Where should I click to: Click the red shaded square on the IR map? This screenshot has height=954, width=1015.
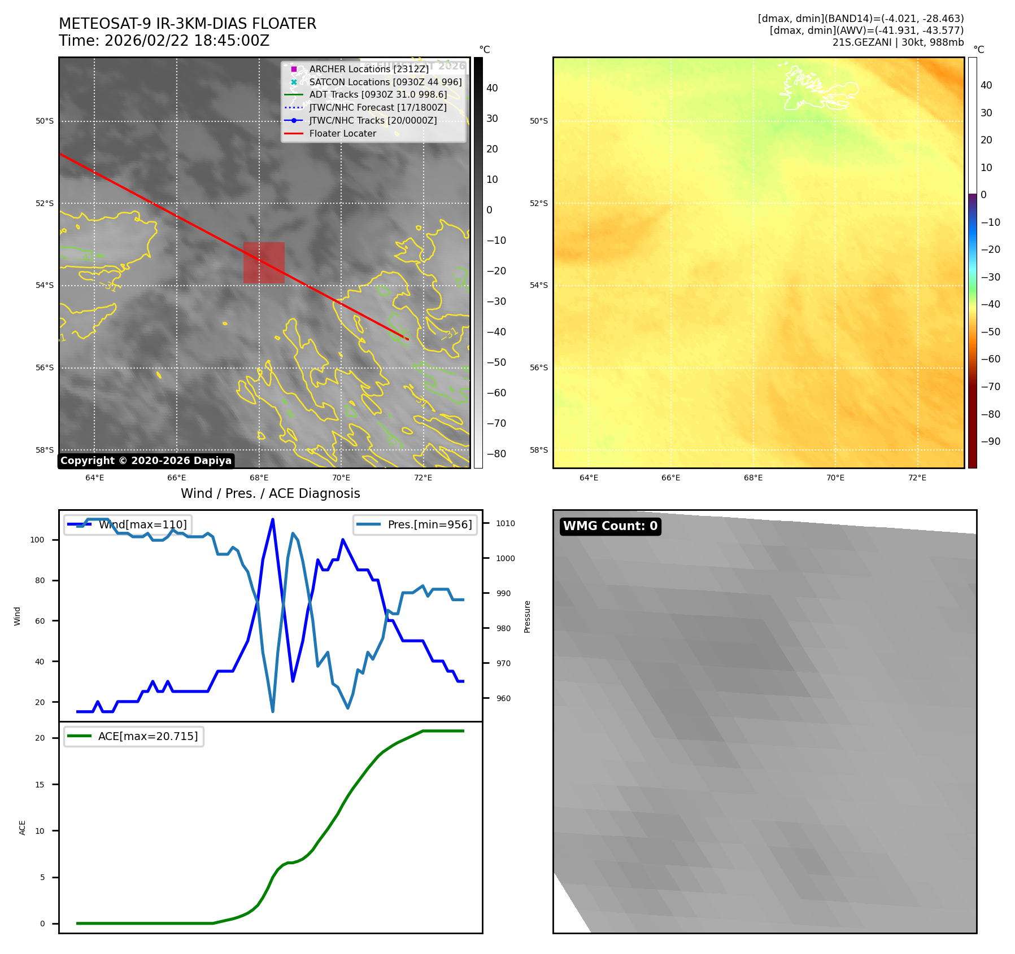pos(264,262)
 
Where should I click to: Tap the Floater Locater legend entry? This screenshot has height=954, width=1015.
pos(342,134)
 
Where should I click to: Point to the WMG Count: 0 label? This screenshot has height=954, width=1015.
pos(610,526)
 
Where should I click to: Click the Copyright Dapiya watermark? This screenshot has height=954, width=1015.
pos(146,461)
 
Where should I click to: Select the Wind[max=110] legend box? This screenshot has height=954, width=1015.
pos(128,524)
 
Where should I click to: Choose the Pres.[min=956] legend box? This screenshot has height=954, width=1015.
pos(415,524)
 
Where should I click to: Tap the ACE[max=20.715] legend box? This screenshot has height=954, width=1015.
pos(134,736)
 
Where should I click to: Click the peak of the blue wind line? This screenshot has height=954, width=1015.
pos(273,519)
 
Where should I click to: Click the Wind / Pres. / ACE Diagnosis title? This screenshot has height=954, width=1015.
pos(270,493)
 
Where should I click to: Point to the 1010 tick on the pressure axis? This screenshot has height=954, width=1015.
pos(505,523)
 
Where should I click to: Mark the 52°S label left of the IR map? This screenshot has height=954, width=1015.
pos(45,203)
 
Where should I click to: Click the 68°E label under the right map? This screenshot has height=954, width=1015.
pos(753,478)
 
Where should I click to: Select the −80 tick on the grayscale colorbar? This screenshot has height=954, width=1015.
pos(496,454)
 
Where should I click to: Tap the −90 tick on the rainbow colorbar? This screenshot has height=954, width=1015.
pos(990,441)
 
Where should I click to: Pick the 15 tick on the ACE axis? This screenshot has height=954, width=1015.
pos(40,785)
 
